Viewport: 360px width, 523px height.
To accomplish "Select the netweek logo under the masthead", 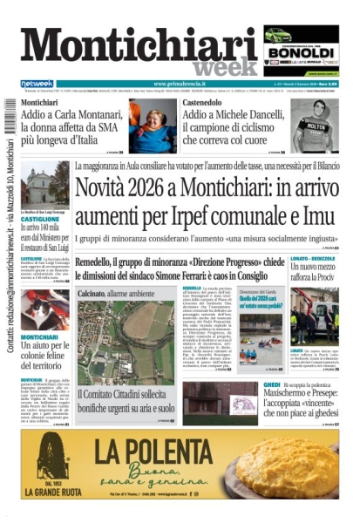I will coord(37,84).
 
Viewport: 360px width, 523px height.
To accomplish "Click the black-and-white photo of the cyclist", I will coord(314,126).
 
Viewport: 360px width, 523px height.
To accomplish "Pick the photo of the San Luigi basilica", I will coord(44,184).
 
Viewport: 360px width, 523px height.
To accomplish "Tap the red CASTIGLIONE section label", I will coord(40,220).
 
